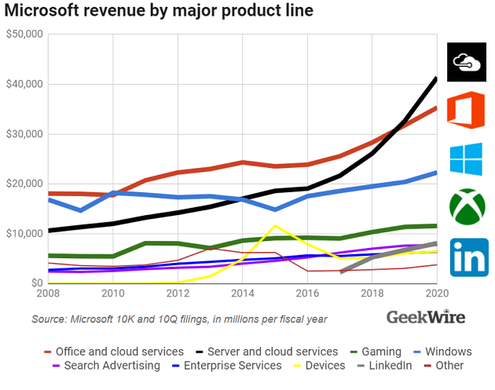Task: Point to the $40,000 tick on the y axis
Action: pyautogui.click(x=25, y=84)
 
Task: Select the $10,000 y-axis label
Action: pyautogui.click(x=25, y=234)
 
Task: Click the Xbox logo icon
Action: pyautogui.click(x=467, y=206)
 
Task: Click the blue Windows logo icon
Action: pyautogui.click(x=467, y=159)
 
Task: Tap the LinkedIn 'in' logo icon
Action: pyautogui.click(x=467, y=257)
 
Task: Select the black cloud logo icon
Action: pyautogui.click(x=467, y=61)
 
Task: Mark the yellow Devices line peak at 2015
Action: pyautogui.click(x=273, y=226)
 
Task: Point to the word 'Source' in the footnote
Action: pyautogui.click(x=49, y=319)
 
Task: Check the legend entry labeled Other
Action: pyautogui.click(x=449, y=365)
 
